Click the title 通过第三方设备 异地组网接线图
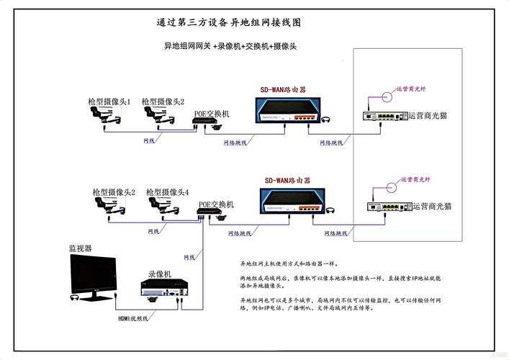pyautogui.click(x=229, y=22)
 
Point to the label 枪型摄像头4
pyautogui.click(x=168, y=192)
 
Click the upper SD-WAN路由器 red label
pyautogui.click(x=284, y=90)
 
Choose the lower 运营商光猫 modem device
pyautogui.click(x=385, y=207)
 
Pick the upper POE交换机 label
pyautogui.click(x=212, y=114)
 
